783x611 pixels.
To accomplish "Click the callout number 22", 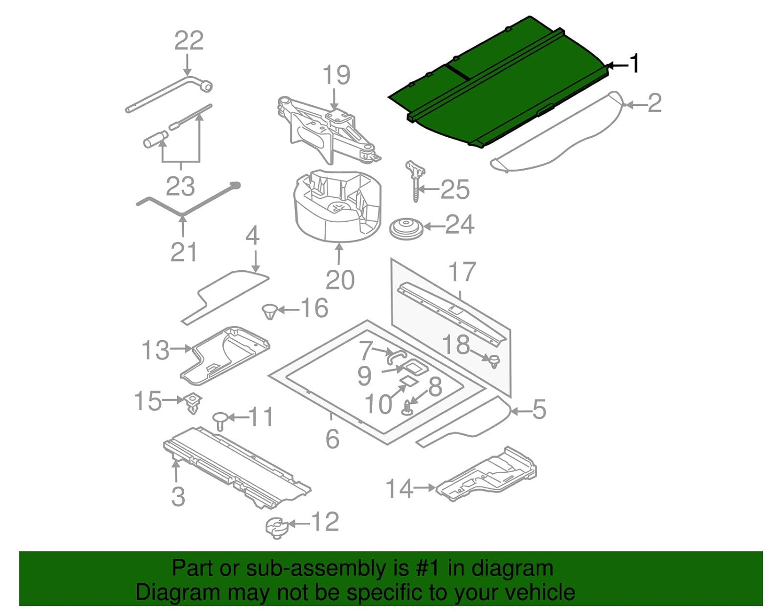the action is (189, 41).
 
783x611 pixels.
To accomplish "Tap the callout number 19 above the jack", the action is (336, 75).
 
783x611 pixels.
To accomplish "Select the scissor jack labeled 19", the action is (328, 129).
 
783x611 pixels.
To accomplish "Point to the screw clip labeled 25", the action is (416, 181).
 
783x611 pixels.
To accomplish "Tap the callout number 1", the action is (633, 63).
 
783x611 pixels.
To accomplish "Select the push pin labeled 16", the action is (269, 312).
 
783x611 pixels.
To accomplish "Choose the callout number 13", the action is (156, 350).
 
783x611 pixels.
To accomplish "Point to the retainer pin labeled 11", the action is (220, 421).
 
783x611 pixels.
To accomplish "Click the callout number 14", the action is (399, 489).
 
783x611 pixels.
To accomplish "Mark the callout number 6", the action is (332, 438).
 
